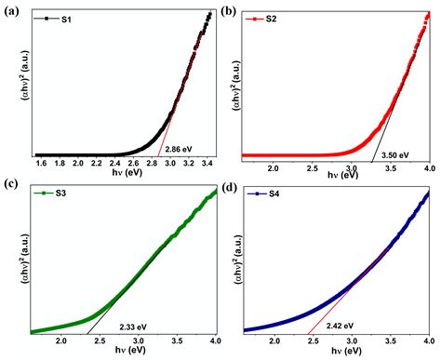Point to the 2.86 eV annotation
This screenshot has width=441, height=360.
pos(179,149)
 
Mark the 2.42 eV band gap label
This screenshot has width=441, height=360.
pos(340,325)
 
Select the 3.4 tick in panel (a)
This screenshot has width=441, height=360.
pos(207,164)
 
